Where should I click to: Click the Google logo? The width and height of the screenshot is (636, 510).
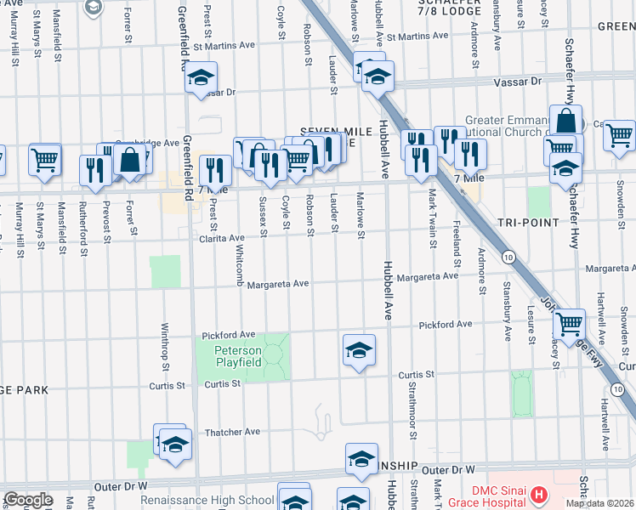click(x=28, y=500)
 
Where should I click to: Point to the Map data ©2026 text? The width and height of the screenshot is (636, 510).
click(x=599, y=503)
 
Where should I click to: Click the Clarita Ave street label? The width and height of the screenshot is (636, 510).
click(x=223, y=239)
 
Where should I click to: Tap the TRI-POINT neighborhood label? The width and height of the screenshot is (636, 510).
click(x=531, y=223)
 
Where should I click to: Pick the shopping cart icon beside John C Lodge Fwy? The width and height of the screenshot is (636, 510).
click(x=569, y=323)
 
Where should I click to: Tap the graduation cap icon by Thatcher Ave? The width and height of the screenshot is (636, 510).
click(x=175, y=445)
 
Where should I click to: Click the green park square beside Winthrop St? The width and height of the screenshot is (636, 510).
click(x=165, y=271)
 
